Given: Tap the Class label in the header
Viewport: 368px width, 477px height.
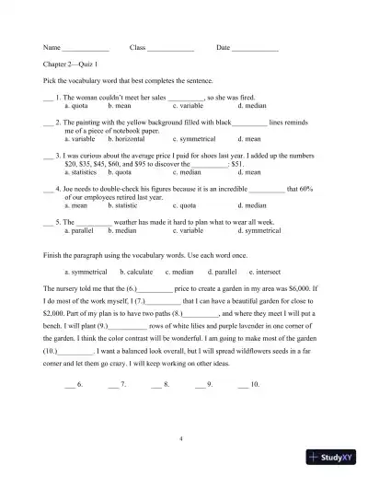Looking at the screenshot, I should pos(138,47).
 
